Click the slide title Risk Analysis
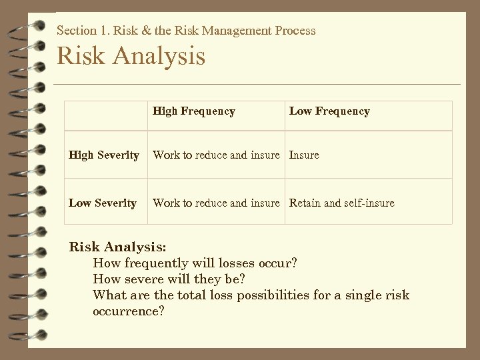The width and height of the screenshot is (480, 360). coord(131,55)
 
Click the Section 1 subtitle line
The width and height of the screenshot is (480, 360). coord(186,30)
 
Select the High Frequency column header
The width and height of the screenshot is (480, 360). coord(193,111)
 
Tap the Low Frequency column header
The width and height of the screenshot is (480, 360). coord(329,111)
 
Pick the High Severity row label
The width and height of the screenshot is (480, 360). coord(104,155)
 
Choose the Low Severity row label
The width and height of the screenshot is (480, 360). coord(103,203)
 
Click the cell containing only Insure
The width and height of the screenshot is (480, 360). coord(304,155)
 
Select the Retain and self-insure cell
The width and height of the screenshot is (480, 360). coord(341,203)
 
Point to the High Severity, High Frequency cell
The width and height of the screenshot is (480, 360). coord(216,155)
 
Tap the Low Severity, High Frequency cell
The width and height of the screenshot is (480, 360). coord(216,203)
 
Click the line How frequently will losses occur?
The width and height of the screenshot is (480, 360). coord(195,263)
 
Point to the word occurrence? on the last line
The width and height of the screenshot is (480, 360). coord(129,311)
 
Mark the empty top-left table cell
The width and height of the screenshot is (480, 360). coord(106,115)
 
